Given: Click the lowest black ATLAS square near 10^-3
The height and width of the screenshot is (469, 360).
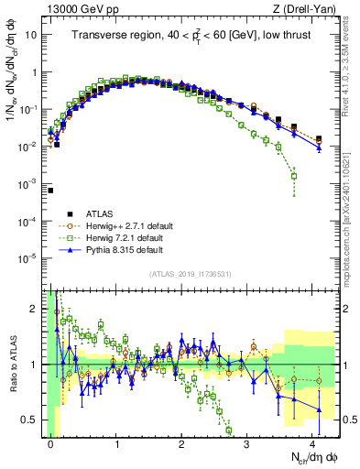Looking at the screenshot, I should tap(50, 191).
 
